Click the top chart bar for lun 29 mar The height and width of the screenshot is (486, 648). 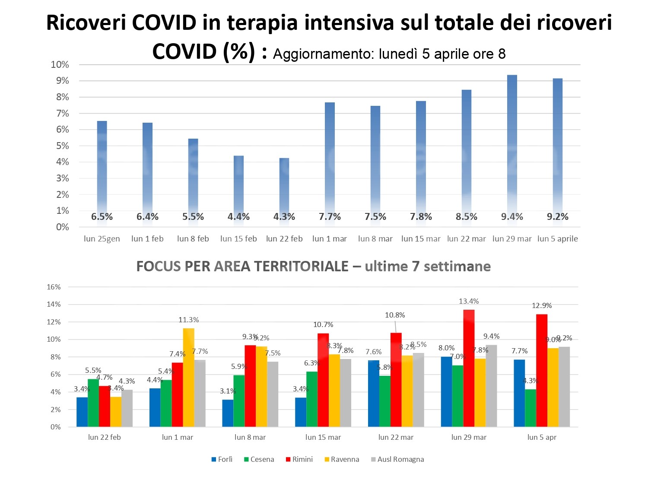(x=512, y=147)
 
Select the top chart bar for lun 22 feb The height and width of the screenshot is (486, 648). (x=284, y=186)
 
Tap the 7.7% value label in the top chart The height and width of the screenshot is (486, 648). (x=330, y=217)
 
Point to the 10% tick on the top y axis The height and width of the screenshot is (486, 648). (x=60, y=65)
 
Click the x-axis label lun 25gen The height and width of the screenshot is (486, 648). (x=102, y=239)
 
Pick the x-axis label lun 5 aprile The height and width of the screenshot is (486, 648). (x=557, y=239)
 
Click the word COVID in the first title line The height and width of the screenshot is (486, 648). (x=164, y=23)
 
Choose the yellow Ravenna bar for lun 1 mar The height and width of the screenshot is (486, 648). (x=188, y=378)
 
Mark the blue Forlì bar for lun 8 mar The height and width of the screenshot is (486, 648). (x=228, y=413)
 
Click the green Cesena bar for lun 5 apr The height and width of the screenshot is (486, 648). (x=530, y=408)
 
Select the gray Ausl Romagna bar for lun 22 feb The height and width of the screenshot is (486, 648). (x=127, y=408)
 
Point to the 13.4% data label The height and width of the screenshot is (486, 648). (x=469, y=301)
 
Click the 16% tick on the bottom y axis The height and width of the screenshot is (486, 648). (x=54, y=287)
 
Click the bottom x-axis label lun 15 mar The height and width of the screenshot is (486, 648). (x=323, y=437)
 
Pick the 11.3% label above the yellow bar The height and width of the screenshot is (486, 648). (x=188, y=320)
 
